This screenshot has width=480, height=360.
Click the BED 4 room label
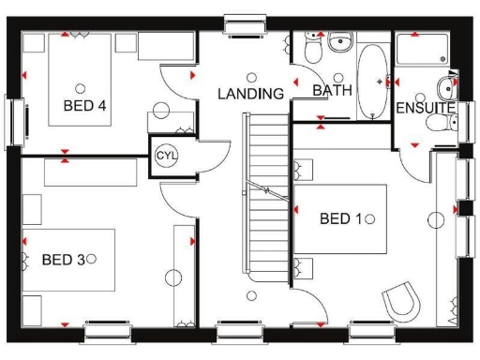84,105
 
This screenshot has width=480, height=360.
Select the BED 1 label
340,218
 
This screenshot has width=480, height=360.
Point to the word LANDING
250,94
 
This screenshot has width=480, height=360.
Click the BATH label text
331,91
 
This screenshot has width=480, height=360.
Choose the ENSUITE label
425,109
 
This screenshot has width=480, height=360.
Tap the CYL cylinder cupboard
166,154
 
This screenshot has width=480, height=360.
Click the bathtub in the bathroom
374,82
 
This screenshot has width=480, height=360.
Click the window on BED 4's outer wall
13,119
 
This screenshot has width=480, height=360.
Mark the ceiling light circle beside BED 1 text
370,218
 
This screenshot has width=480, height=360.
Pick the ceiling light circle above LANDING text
250,77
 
